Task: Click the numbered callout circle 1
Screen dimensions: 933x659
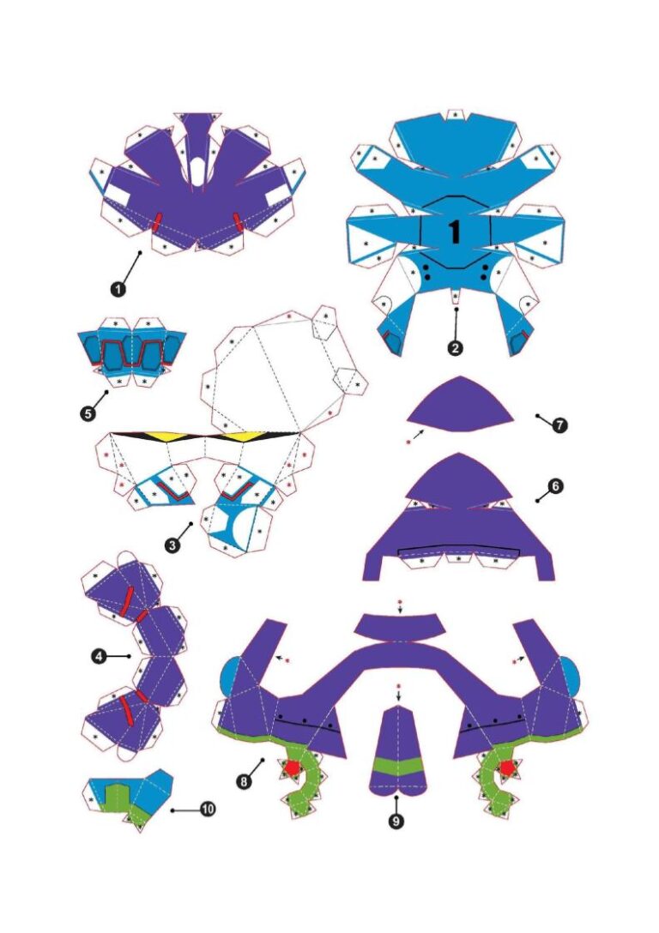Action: pos(118,288)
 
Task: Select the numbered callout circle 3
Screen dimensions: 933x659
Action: pos(174,545)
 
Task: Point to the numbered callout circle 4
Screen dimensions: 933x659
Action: pos(98,656)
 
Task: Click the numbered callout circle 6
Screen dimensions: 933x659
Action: pos(555,486)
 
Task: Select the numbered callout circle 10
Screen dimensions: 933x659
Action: pos(209,808)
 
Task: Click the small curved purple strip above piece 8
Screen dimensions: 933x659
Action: pos(400,629)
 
